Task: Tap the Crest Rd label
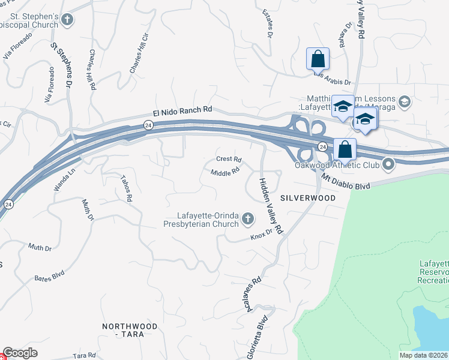click(x=229, y=160)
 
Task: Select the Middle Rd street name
click(x=225, y=173)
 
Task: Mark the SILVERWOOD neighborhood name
click(x=307, y=197)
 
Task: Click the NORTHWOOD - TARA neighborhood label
click(x=130, y=330)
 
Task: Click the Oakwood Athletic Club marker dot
click(x=388, y=163)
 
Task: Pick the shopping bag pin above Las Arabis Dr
click(x=318, y=59)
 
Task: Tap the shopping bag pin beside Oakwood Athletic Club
click(x=345, y=149)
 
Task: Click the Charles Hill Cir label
click(x=137, y=59)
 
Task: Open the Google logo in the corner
click(x=20, y=353)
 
